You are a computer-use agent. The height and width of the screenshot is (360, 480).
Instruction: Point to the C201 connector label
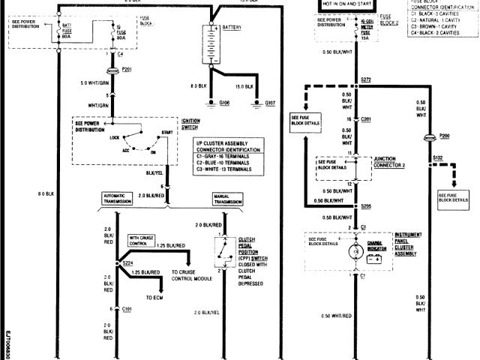point(366,118)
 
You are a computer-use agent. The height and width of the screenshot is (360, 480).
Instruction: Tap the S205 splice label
point(366,205)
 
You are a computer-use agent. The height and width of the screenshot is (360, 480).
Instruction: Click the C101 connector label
point(126,309)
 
